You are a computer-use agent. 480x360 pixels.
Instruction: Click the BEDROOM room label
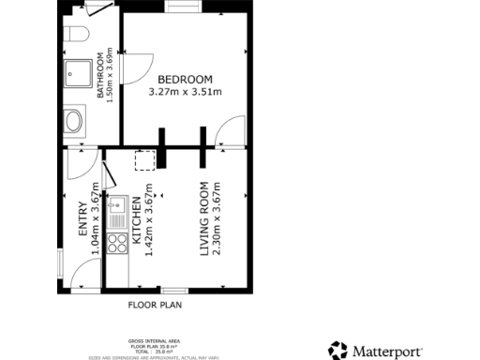tap(185, 79)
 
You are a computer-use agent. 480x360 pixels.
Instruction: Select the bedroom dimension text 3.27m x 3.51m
tap(185, 92)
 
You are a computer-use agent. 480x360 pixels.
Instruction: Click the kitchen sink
tap(118, 203)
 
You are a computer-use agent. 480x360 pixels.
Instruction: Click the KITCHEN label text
tap(136, 221)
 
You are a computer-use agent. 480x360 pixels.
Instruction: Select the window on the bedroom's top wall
tap(180, 7)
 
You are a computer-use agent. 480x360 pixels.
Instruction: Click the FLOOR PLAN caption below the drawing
tap(155, 305)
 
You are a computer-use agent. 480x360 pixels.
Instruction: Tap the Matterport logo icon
tap(337, 351)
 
